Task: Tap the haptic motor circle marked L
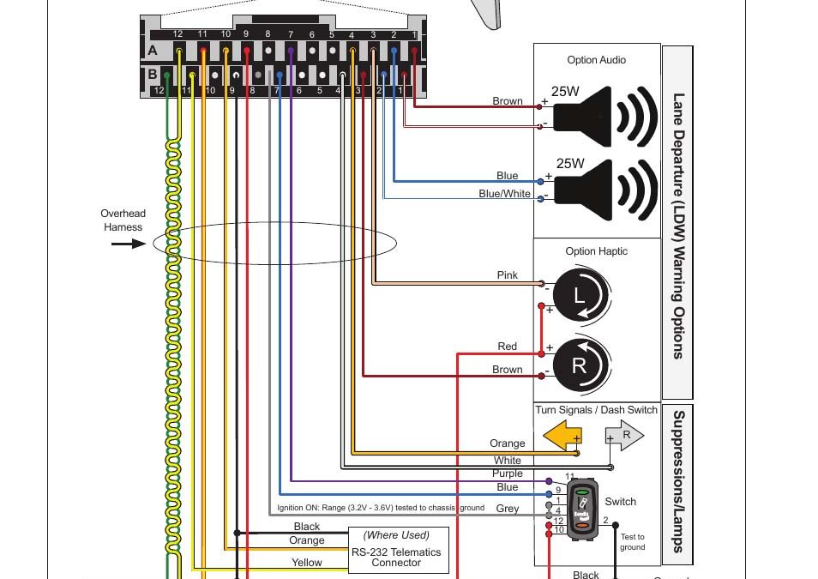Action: (x=580, y=297)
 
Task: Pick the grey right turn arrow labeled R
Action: (x=624, y=436)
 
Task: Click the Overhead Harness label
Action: (x=123, y=220)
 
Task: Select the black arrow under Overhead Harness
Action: (x=128, y=244)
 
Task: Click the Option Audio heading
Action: (x=596, y=60)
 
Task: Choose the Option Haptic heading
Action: (x=596, y=251)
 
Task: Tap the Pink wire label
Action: (x=508, y=275)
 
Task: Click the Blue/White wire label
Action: (x=504, y=194)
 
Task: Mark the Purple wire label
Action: (x=508, y=473)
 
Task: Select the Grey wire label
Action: (x=508, y=509)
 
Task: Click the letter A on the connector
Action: (x=153, y=51)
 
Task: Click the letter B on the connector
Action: (x=153, y=75)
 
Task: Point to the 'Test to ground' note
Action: (x=632, y=542)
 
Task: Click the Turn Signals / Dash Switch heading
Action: (x=596, y=410)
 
